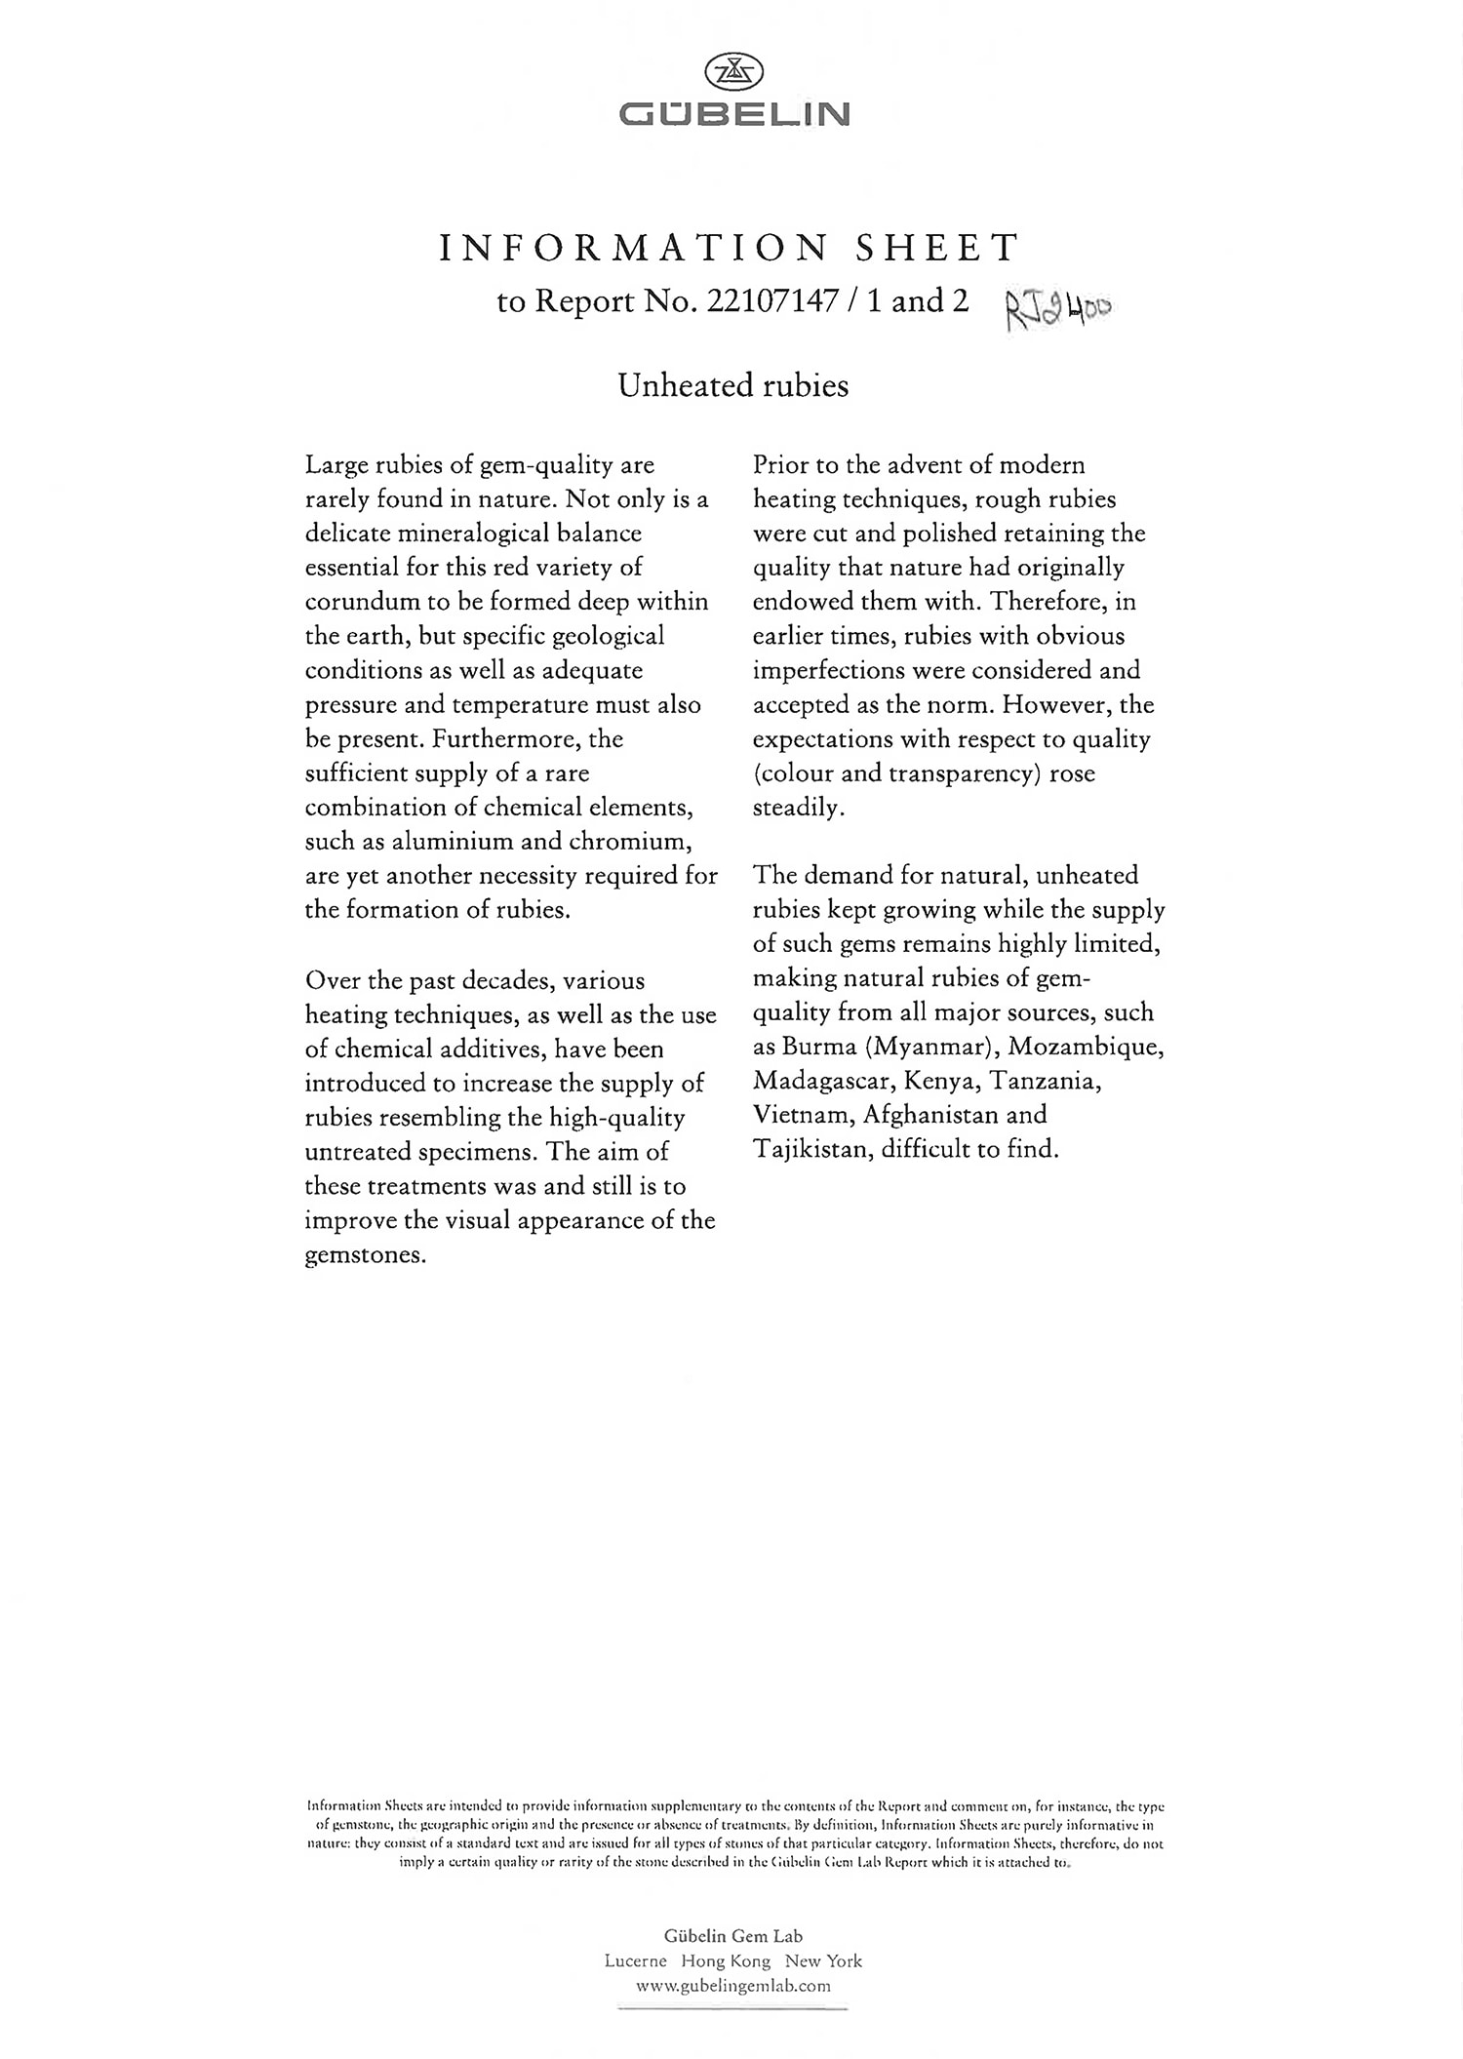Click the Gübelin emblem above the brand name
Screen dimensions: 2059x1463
point(733,72)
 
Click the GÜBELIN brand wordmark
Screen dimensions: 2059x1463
point(733,115)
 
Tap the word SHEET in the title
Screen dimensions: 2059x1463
point(937,249)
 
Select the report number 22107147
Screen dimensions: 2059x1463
point(771,301)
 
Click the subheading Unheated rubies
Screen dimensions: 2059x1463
point(733,386)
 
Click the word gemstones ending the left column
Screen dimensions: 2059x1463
point(366,1255)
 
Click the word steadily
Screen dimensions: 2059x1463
point(798,808)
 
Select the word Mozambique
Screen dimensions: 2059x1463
point(1086,1047)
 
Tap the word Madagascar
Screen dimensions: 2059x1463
point(823,1081)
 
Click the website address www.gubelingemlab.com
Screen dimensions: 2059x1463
point(733,1985)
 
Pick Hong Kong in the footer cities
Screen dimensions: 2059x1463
point(726,1960)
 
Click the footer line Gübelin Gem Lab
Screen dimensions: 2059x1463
point(733,1936)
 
